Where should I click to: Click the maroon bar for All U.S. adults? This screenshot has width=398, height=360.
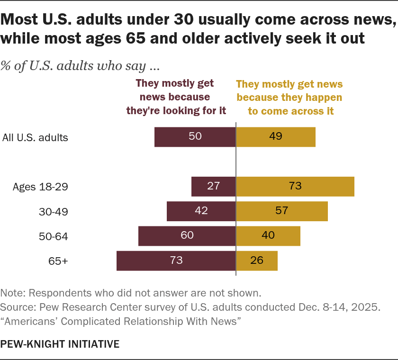pos(195,137)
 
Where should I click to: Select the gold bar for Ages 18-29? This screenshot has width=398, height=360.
pos(295,187)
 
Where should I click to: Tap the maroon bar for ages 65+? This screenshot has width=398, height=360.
pos(176,261)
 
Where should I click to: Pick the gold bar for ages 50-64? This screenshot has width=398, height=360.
pos(268,236)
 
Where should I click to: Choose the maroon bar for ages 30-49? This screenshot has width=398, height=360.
pos(201,211)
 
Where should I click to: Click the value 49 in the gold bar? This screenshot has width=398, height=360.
pos(276,136)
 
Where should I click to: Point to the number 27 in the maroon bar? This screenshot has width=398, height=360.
pos(213,186)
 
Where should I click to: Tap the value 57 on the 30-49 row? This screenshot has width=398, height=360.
pos(282,211)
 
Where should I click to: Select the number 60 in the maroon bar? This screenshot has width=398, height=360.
pos(187,235)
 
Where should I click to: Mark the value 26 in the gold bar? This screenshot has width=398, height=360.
pos(257,261)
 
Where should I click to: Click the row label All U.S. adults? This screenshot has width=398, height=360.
pos(35,137)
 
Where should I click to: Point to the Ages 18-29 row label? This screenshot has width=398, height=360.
pos(40,187)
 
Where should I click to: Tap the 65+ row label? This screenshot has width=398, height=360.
pos(58,261)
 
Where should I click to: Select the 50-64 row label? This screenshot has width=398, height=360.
pos(53,236)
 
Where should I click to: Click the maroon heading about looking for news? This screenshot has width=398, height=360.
pos(176,97)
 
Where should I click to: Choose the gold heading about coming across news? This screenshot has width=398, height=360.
pos(289,98)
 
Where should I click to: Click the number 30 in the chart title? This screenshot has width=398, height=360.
pos(184,19)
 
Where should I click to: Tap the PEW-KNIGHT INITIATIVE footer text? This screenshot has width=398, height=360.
pos(60,344)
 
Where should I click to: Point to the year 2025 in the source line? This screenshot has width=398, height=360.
pos(366,307)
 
